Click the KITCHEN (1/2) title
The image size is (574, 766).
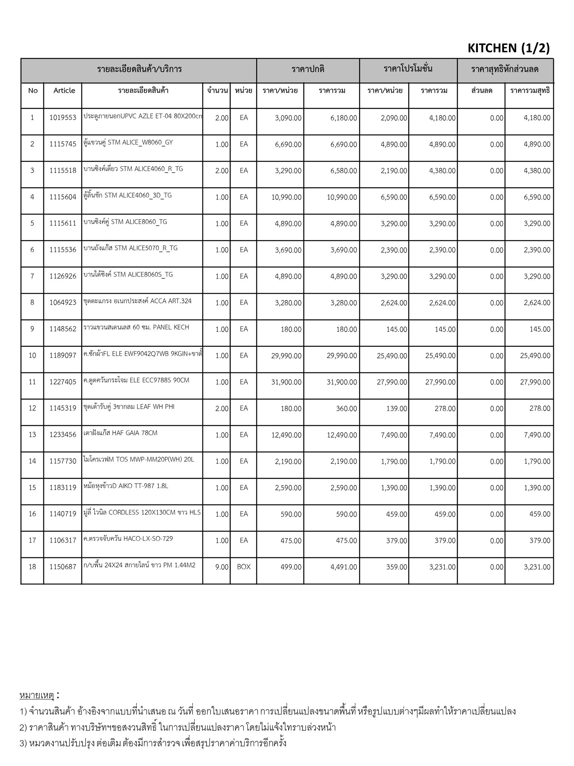[x=508, y=48]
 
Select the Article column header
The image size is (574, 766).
[x=64, y=91]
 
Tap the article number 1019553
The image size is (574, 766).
[x=63, y=118]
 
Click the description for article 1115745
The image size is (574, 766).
[x=128, y=143]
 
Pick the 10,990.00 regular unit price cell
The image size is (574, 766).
[x=286, y=197]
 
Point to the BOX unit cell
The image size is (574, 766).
[x=244, y=567]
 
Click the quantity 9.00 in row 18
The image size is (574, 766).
[x=222, y=567]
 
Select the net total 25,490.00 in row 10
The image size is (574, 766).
[x=535, y=356]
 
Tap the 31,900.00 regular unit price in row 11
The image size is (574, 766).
[x=286, y=382]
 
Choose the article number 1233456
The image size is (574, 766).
[x=63, y=435]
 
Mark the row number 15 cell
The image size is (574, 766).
[x=33, y=488]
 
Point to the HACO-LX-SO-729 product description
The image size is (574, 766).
[x=128, y=539]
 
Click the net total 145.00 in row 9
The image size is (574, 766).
[x=540, y=330]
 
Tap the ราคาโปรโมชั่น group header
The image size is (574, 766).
[x=408, y=69]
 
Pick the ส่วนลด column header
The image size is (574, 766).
[x=482, y=91]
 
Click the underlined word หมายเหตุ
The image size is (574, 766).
[x=37, y=695]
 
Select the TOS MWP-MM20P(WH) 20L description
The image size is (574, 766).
[x=139, y=459]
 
